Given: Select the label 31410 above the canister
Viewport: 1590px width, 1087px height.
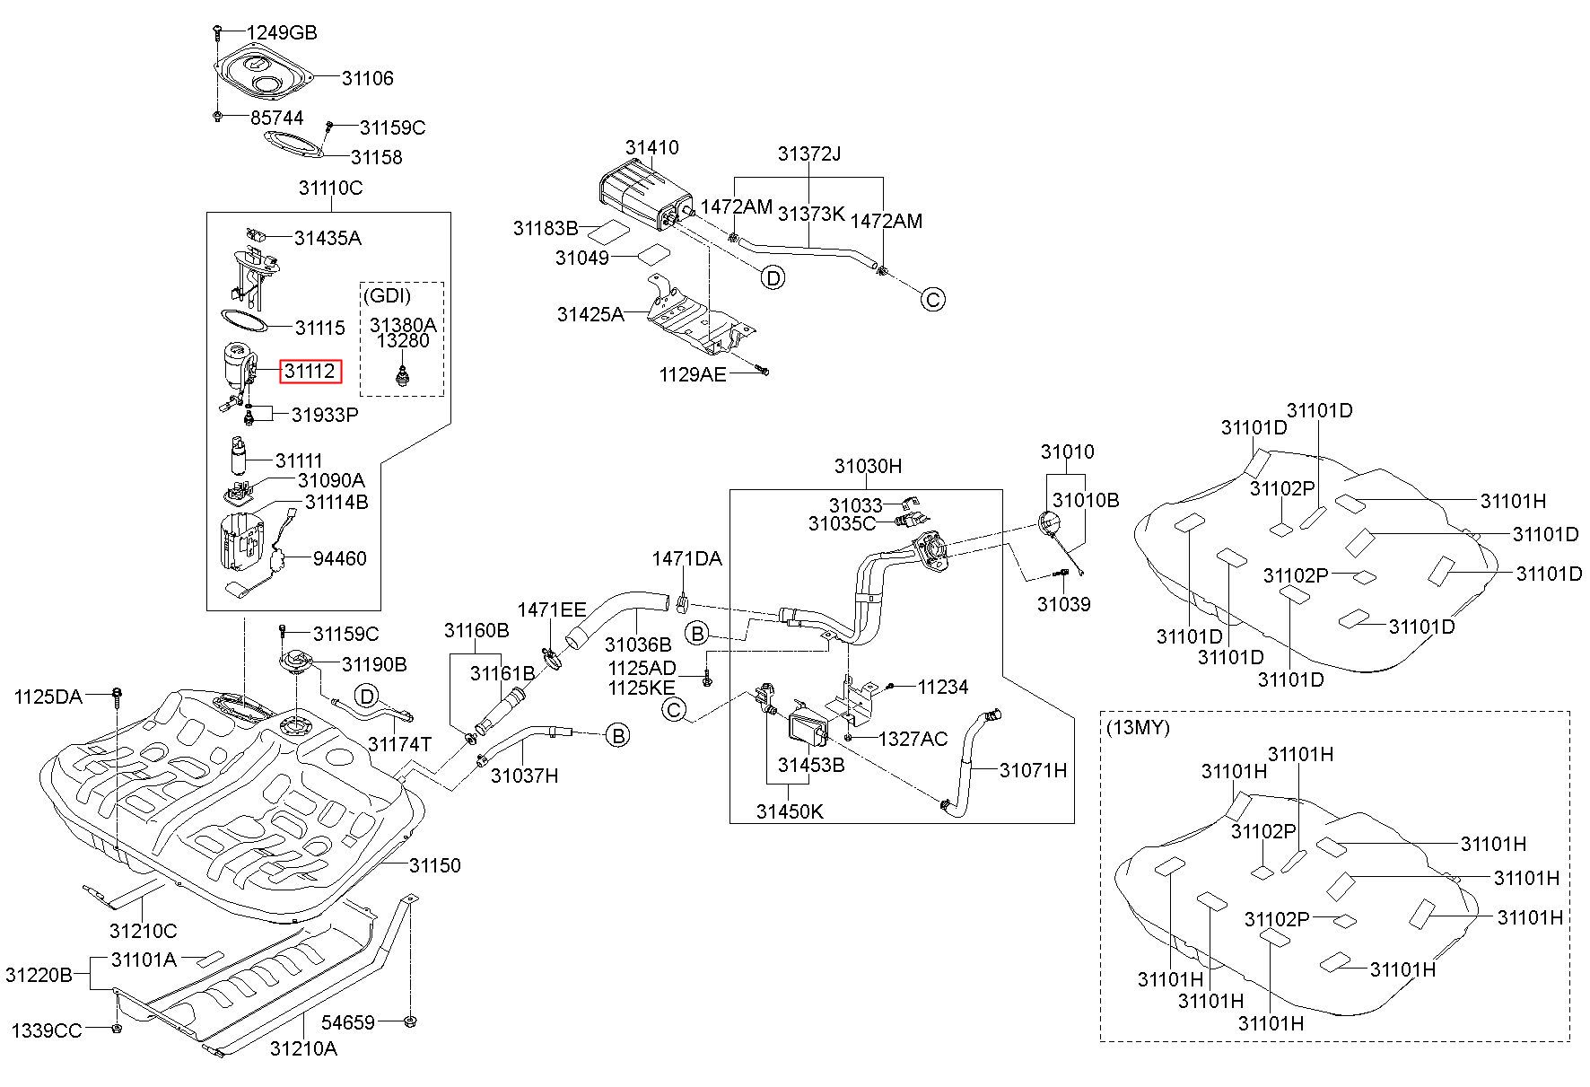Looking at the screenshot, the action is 652,147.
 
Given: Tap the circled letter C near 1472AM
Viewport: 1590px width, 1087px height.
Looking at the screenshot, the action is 933,299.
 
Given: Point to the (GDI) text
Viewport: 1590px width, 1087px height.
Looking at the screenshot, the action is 388,295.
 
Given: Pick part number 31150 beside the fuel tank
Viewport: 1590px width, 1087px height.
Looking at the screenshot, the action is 435,865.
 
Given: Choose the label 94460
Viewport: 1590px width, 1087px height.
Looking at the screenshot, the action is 340,558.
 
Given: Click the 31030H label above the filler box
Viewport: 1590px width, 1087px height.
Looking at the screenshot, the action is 868,466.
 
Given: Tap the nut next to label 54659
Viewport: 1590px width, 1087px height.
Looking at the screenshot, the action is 409,1021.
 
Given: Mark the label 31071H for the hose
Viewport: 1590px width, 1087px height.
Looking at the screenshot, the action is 1034,770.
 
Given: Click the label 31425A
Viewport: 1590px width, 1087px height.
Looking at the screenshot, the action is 590,314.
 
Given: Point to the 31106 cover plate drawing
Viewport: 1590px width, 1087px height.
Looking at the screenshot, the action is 264,72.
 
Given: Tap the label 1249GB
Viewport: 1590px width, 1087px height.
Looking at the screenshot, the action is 282,33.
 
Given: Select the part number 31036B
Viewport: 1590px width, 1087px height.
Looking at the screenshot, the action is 638,644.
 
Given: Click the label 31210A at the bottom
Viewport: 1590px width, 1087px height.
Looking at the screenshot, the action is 303,1048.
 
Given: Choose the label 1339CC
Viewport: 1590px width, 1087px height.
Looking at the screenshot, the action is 47,1030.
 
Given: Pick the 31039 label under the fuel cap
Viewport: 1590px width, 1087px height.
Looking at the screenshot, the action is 1064,604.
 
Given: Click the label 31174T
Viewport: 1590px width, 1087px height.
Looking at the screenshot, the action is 400,744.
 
